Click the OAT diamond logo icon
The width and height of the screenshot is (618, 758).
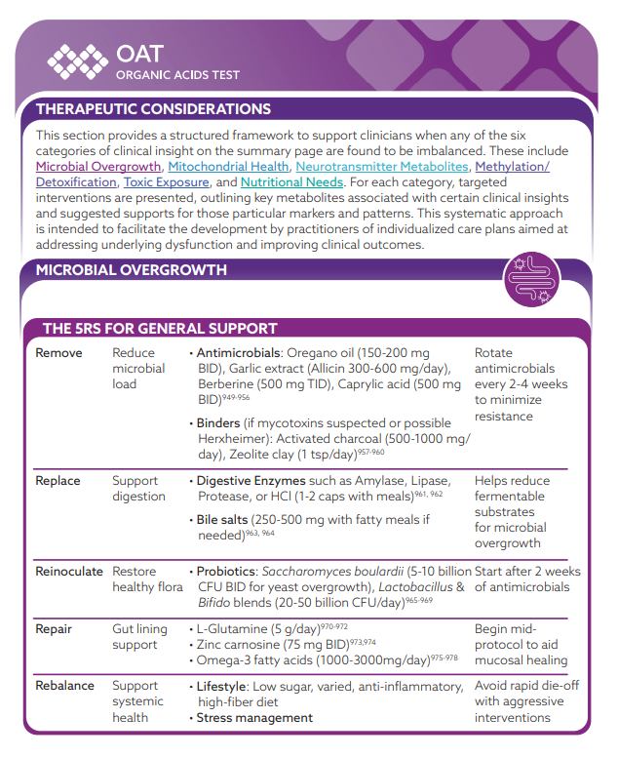(78, 60)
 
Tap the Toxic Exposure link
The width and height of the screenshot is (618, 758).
(167, 182)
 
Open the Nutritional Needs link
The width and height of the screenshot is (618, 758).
(291, 182)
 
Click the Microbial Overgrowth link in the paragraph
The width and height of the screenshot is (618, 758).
(98, 167)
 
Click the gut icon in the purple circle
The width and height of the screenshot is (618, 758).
(531, 280)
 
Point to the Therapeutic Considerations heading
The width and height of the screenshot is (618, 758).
(153, 109)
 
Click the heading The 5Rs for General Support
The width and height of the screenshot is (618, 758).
(160, 329)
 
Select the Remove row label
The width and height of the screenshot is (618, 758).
(58, 353)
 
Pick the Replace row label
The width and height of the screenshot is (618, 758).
(58, 481)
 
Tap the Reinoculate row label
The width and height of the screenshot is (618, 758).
(68, 572)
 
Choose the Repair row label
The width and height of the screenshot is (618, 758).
(54, 629)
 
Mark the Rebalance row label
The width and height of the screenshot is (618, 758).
(64, 686)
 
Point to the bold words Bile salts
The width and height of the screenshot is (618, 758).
(225, 520)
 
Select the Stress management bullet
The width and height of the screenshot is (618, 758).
(254, 718)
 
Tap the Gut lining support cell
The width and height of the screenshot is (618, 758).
(135, 637)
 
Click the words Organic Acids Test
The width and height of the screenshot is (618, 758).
(177, 75)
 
